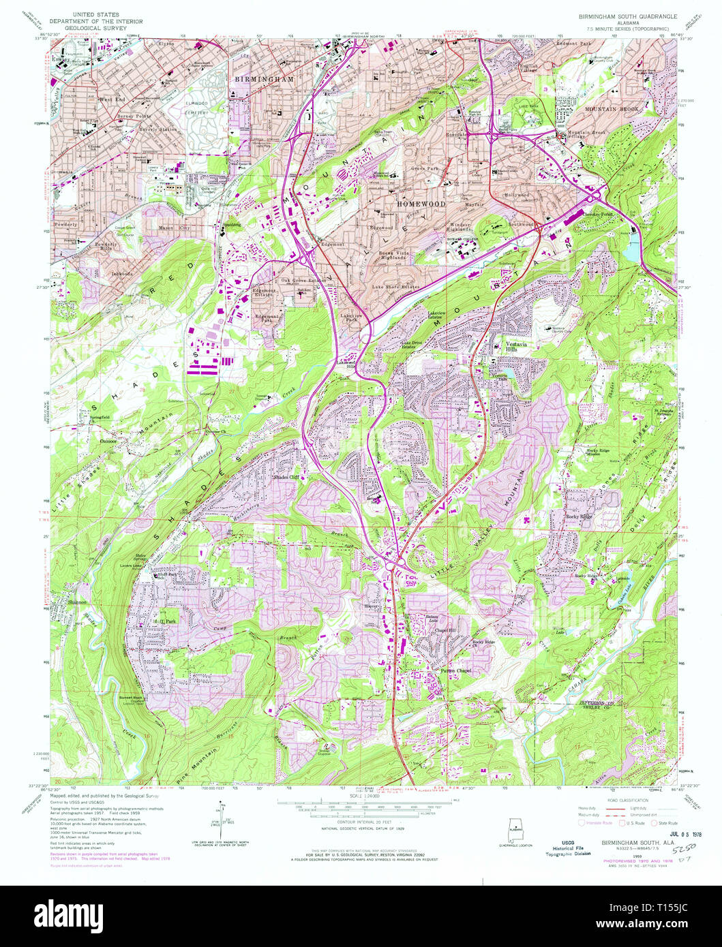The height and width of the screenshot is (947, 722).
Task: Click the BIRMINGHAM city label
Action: coord(264,79)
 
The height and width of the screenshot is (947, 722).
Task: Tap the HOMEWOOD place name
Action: coord(422,204)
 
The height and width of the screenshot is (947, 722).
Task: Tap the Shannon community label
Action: coord(78,602)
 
